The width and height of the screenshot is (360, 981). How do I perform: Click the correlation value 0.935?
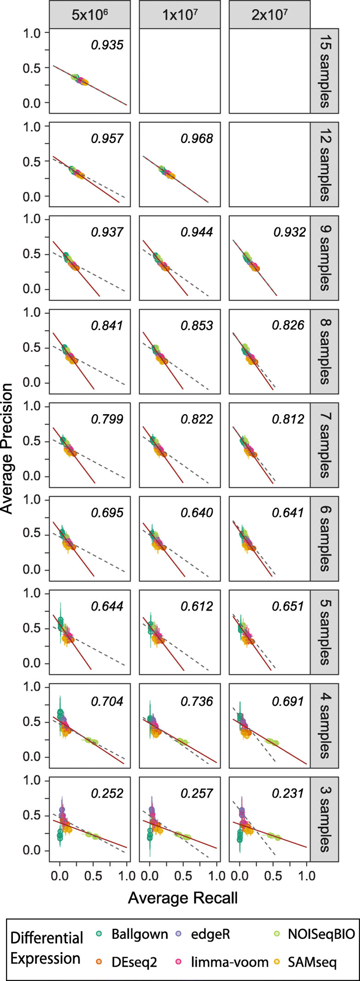[107, 45]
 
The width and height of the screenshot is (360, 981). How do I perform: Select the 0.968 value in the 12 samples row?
[197, 139]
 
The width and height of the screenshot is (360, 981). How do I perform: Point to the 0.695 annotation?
[107, 513]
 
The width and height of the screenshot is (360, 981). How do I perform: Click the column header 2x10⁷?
[270, 15]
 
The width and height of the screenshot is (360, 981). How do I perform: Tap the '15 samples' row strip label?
[324, 71]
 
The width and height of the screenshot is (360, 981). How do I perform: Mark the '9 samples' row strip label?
[324, 258]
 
